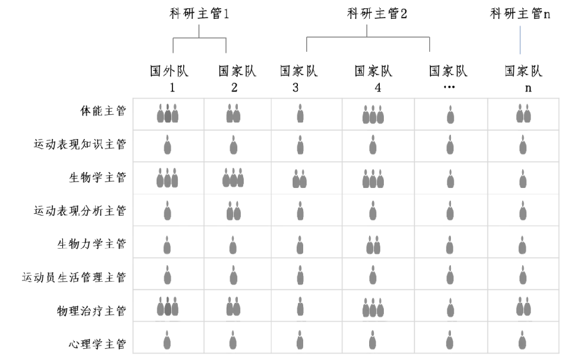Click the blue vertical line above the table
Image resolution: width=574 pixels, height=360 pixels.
pyautogui.click(x=520, y=40)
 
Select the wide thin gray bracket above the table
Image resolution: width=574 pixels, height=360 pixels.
pyautogui.click(x=370, y=36)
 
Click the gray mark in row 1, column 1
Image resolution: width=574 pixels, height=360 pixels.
pyautogui.click(x=167, y=112)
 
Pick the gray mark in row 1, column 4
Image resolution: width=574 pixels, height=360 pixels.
pyautogui.click(x=373, y=114)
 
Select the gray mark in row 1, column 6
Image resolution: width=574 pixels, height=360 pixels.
pyautogui.click(x=522, y=112)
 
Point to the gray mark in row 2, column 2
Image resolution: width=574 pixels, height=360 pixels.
pyautogui.click(x=234, y=145)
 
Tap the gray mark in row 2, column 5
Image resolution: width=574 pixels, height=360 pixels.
pyautogui.click(x=449, y=146)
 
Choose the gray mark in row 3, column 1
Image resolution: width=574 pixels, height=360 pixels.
pyautogui.click(x=167, y=176)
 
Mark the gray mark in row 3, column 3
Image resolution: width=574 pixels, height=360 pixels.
pyautogui.click(x=301, y=177)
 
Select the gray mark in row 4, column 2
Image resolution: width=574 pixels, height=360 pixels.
pyautogui.click(x=234, y=209)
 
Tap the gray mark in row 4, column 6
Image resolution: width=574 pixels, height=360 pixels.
pyautogui.click(x=522, y=209)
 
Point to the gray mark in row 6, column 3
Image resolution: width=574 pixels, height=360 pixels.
pyautogui.click(x=301, y=275)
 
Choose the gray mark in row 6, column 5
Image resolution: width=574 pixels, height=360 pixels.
pyautogui.click(x=449, y=276)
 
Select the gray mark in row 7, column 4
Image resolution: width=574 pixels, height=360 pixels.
pyautogui.click(x=373, y=308)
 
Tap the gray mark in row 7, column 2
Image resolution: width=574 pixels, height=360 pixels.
pyautogui.click(x=234, y=307)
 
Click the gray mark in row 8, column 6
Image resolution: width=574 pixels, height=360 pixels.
pyautogui.click(x=522, y=340)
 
